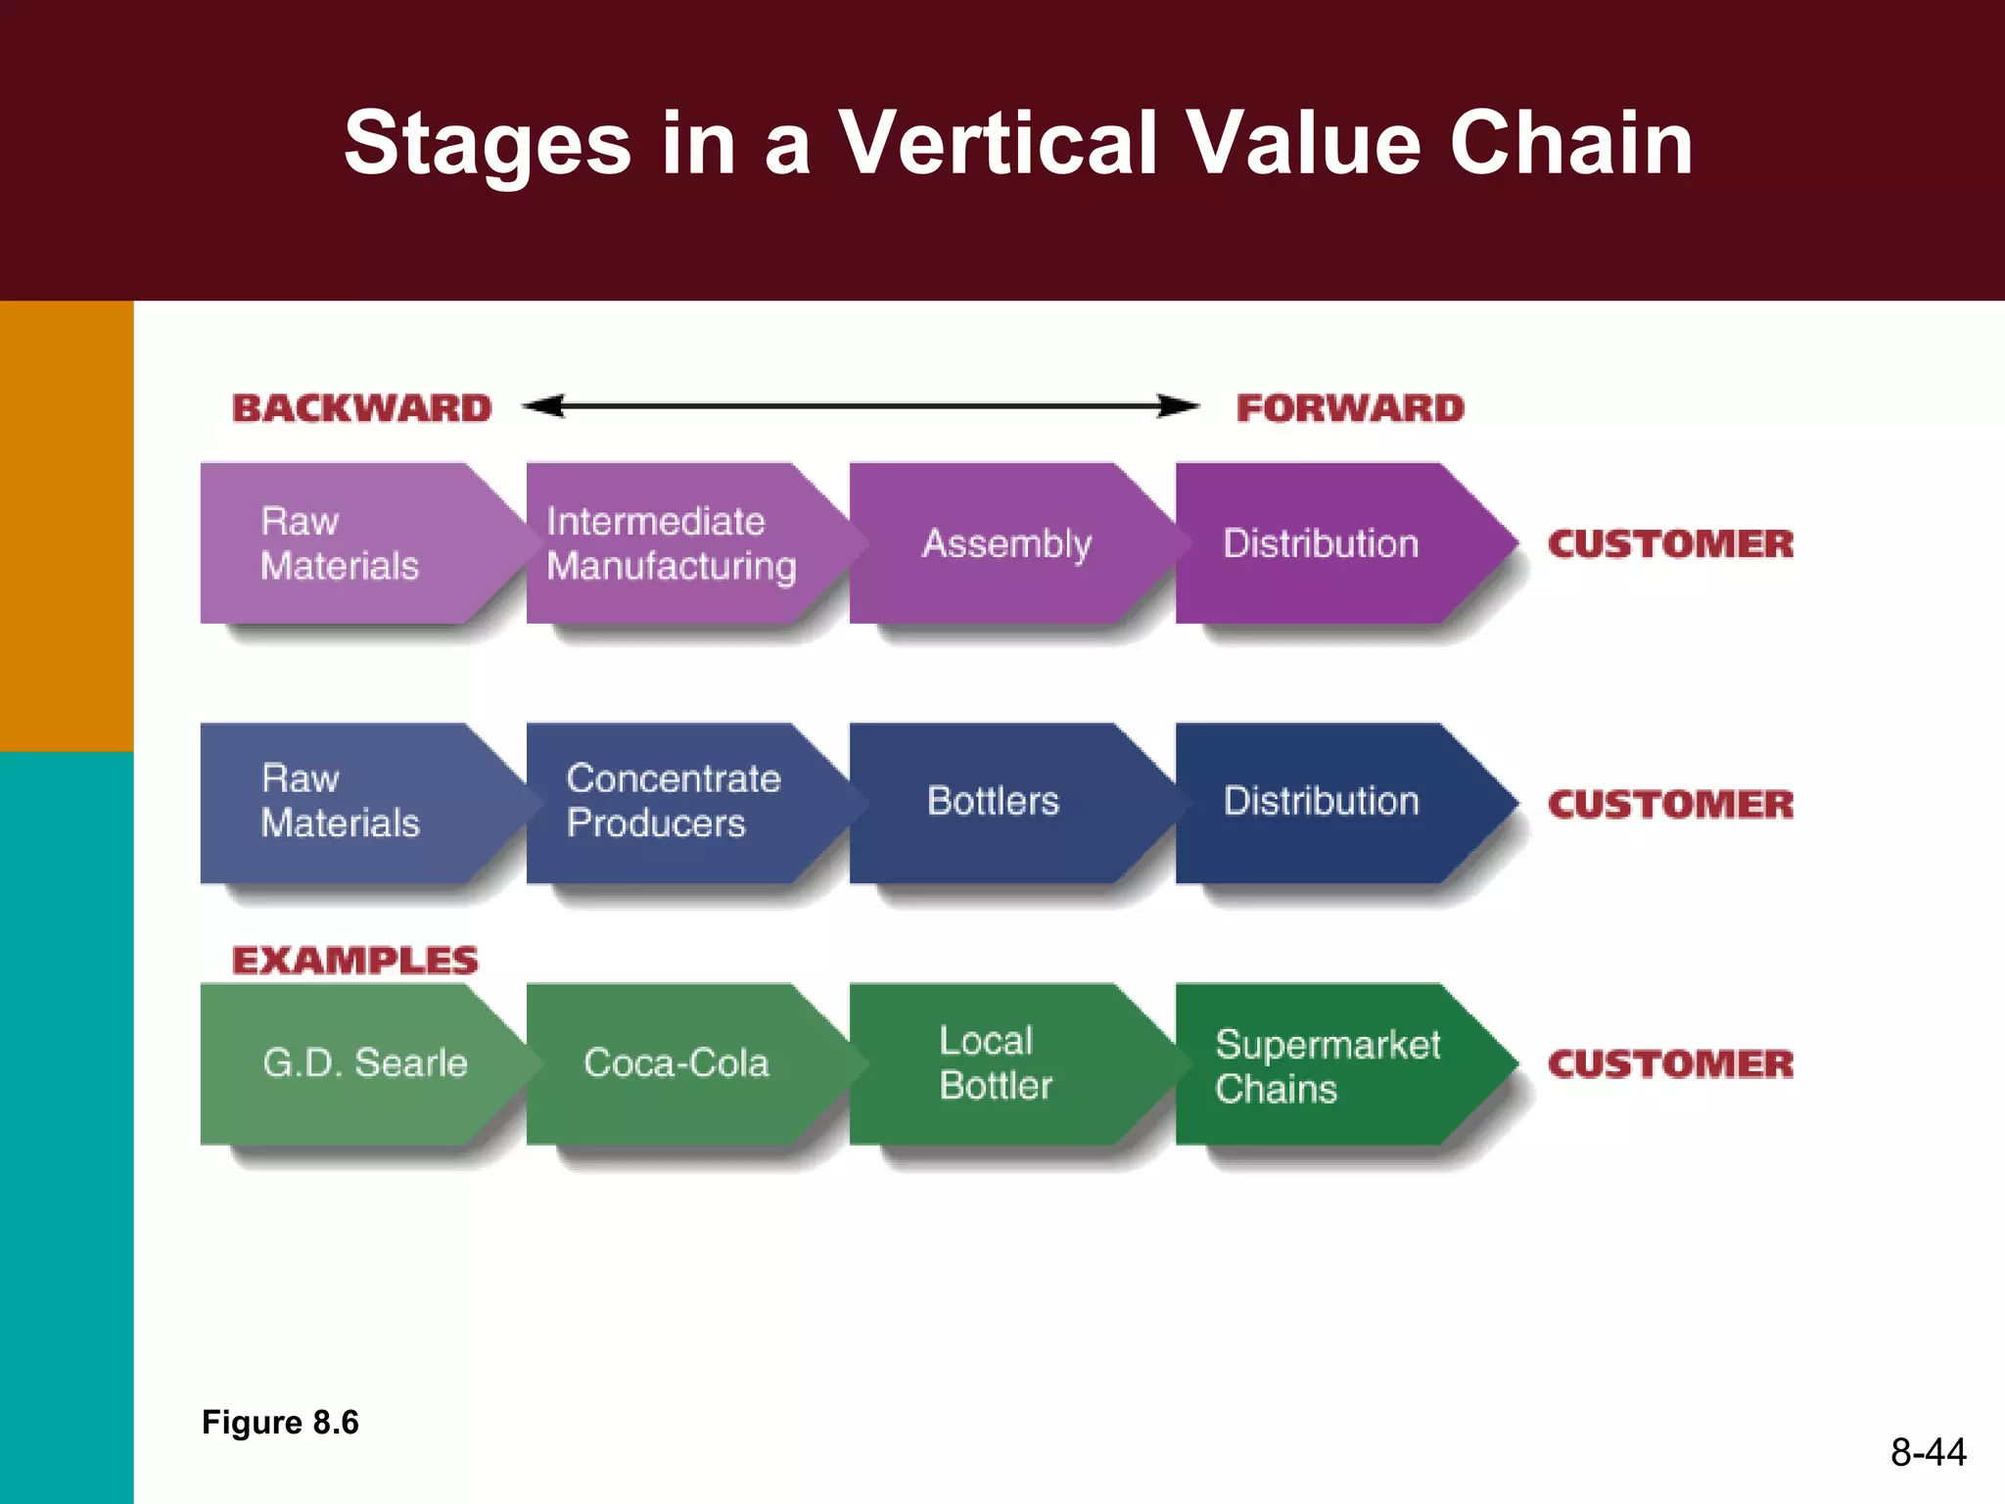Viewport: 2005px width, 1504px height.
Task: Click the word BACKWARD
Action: coord(361,408)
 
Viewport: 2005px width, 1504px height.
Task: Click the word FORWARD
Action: coord(1349,408)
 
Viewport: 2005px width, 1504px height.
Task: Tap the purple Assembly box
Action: coord(1006,543)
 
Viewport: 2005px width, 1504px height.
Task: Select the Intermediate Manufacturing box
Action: coord(672,543)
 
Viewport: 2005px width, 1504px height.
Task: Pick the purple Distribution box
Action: coord(1322,543)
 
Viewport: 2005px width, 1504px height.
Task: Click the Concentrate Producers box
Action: coord(674,801)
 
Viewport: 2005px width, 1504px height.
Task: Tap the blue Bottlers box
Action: coord(993,801)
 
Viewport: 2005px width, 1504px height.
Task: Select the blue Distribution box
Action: coord(1322,801)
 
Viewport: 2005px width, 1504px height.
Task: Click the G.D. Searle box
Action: coord(364,1063)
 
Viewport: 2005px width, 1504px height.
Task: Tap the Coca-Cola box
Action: coord(676,1063)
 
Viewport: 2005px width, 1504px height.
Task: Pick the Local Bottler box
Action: coord(995,1063)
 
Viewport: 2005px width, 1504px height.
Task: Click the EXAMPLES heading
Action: coord(354,961)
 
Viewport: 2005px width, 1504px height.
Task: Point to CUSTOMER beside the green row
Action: coord(1670,1064)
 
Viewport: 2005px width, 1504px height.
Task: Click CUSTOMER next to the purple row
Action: coord(1670,544)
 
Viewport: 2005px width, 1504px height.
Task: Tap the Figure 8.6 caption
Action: coord(280,1422)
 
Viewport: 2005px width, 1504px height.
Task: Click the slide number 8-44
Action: coord(1928,1452)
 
